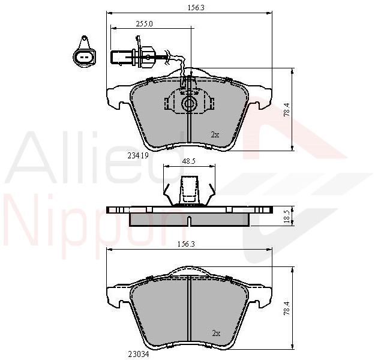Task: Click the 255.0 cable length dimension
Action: point(145,24)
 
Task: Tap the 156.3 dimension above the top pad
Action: point(196,8)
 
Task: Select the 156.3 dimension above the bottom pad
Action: point(186,244)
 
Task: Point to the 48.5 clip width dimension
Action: point(189,161)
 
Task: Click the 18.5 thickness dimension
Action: point(287,216)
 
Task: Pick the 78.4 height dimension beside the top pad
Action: point(287,110)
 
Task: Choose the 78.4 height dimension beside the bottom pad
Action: point(287,308)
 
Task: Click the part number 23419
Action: point(137,156)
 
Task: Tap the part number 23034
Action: point(139,355)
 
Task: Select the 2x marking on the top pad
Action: point(215,135)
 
